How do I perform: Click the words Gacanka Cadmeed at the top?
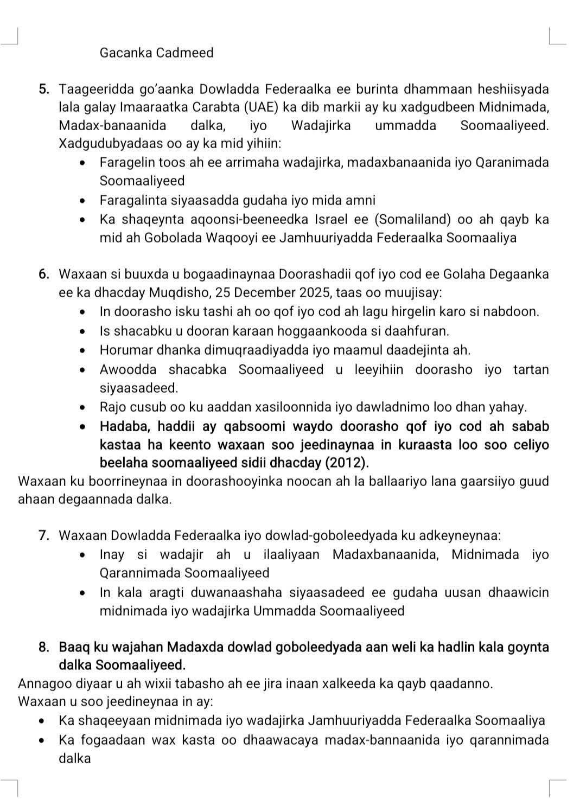[x=156, y=53]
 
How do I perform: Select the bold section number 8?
[x=44, y=647]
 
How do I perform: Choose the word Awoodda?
[x=128, y=370]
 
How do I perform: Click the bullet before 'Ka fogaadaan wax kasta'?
[x=42, y=740]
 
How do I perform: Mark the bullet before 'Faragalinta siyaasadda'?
[x=82, y=201]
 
